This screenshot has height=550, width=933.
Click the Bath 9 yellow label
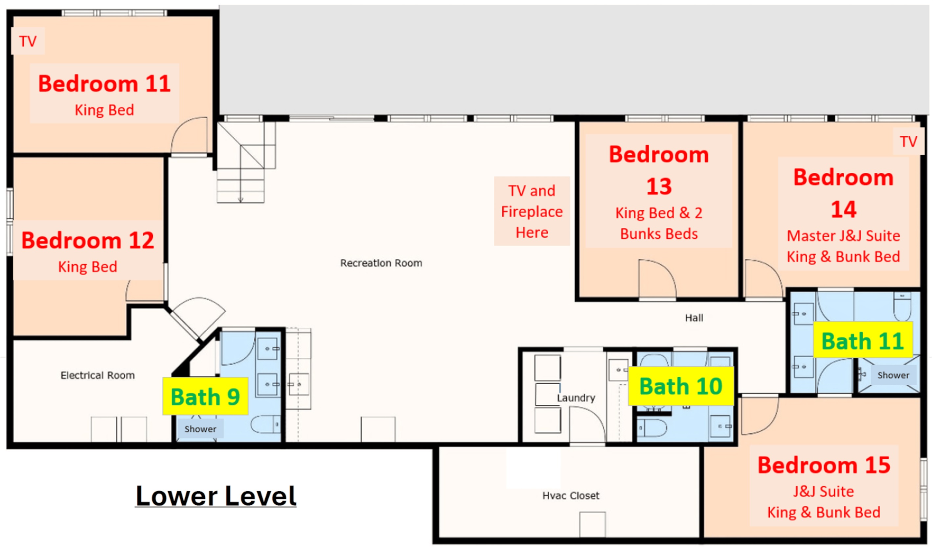click(x=205, y=396)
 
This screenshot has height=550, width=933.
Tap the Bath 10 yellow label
click(x=681, y=386)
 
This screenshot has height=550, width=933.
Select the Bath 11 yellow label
click(x=863, y=340)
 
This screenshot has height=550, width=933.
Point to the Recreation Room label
click(x=381, y=263)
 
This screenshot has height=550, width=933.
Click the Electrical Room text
click(x=98, y=375)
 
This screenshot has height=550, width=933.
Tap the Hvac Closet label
click(x=571, y=495)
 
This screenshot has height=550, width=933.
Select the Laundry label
click(x=576, y=398)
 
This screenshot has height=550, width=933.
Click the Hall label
click(x=694, y=318)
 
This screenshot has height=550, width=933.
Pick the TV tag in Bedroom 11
click(x=28, y=41)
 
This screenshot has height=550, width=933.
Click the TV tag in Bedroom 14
click(x=909, y=141)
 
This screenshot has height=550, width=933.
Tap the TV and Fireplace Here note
click(x=532, y=211)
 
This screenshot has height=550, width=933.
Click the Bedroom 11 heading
click(x=104, y=84)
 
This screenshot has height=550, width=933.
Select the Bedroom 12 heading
click(x=88, y=240)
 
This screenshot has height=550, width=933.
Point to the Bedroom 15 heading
click(x=824, y=465)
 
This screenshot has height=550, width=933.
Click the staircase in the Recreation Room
click(x=245, y=162)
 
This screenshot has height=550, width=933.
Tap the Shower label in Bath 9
click(x=200, y=429)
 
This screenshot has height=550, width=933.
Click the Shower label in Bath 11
click(x=893, y=375)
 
